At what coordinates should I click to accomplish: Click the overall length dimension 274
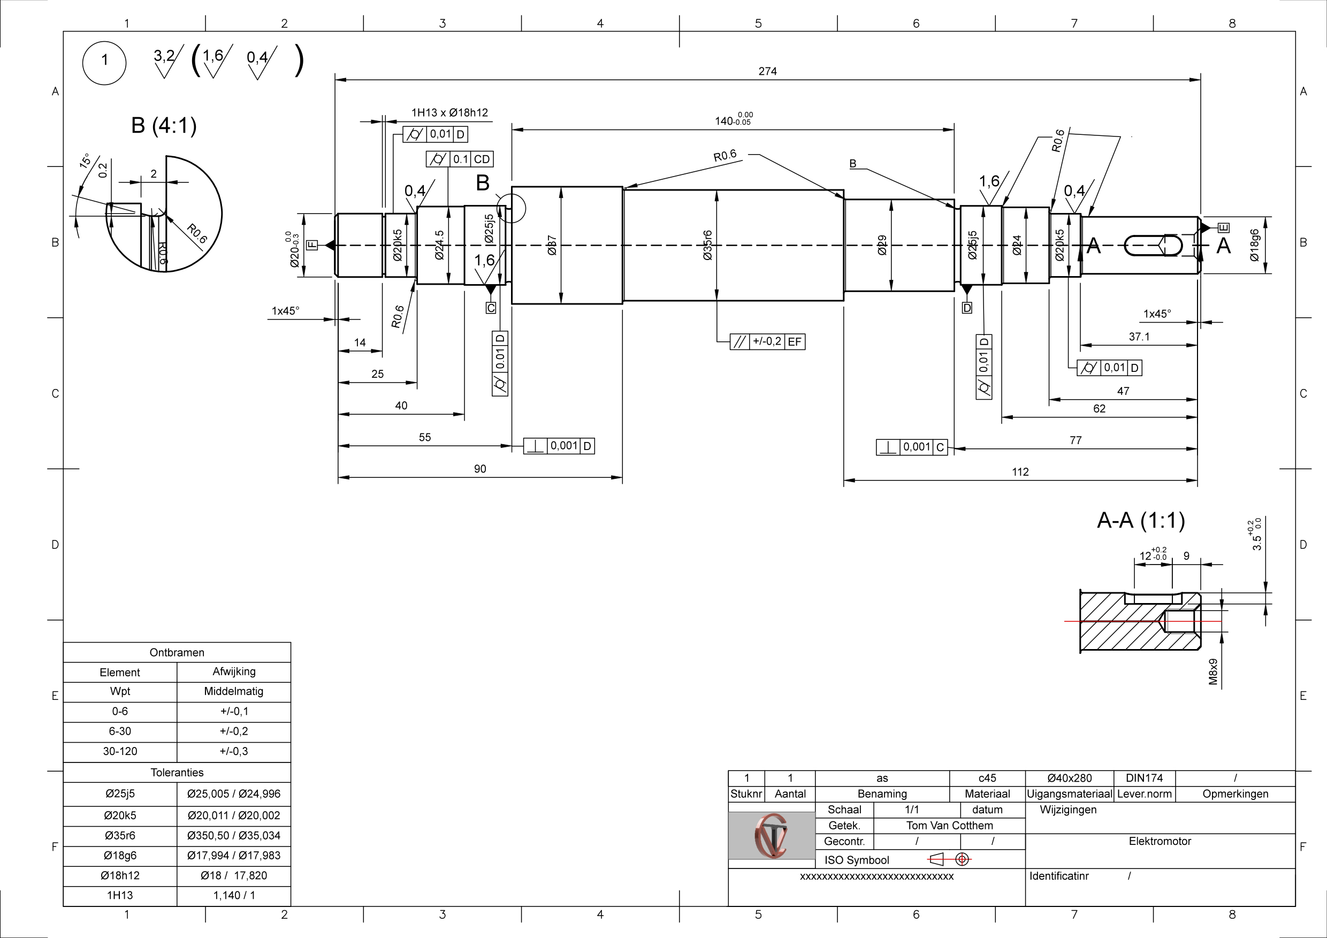767,71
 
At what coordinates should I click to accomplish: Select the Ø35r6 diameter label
707,245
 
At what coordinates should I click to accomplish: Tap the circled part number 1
105,60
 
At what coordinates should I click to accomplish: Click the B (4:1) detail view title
164,125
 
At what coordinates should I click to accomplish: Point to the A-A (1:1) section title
1140,521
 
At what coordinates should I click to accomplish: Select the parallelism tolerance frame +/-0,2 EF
767,341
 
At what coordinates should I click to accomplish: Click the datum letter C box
491,308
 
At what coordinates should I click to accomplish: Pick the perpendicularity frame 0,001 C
911,447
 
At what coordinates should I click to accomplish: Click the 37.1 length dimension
1139,337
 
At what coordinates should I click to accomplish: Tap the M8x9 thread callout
1213,672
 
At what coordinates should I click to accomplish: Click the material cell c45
987,778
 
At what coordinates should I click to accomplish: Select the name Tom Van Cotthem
949,825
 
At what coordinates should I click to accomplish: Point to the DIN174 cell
1144,778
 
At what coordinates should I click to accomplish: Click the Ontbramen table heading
177,652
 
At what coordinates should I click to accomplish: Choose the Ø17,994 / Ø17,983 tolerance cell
233,856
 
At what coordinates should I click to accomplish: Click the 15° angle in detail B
85,161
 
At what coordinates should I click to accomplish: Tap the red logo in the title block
771,835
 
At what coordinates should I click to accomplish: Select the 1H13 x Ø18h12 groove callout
449,113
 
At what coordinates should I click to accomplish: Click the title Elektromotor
1160,841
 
